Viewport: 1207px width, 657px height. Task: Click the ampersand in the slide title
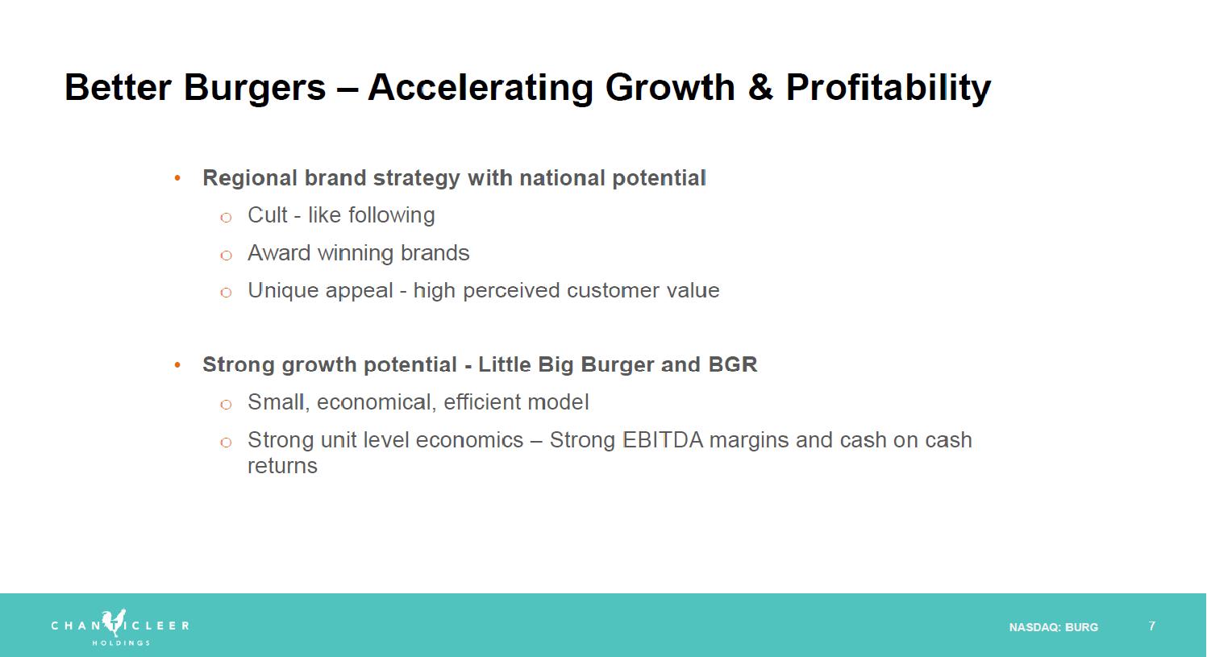760,87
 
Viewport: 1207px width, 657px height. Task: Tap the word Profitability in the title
889,88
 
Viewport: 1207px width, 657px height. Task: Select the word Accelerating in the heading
481,88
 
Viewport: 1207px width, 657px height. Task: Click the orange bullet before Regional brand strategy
177,177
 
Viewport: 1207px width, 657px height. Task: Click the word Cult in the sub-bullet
267,215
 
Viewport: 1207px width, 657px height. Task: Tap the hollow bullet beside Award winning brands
227,255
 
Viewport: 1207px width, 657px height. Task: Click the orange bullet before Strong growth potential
177,364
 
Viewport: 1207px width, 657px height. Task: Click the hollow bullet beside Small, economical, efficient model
227,405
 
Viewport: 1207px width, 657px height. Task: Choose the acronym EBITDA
663,440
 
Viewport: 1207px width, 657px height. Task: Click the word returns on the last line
282,466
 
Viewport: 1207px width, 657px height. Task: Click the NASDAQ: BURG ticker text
1054,627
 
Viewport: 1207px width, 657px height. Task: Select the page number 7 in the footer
1152,626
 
